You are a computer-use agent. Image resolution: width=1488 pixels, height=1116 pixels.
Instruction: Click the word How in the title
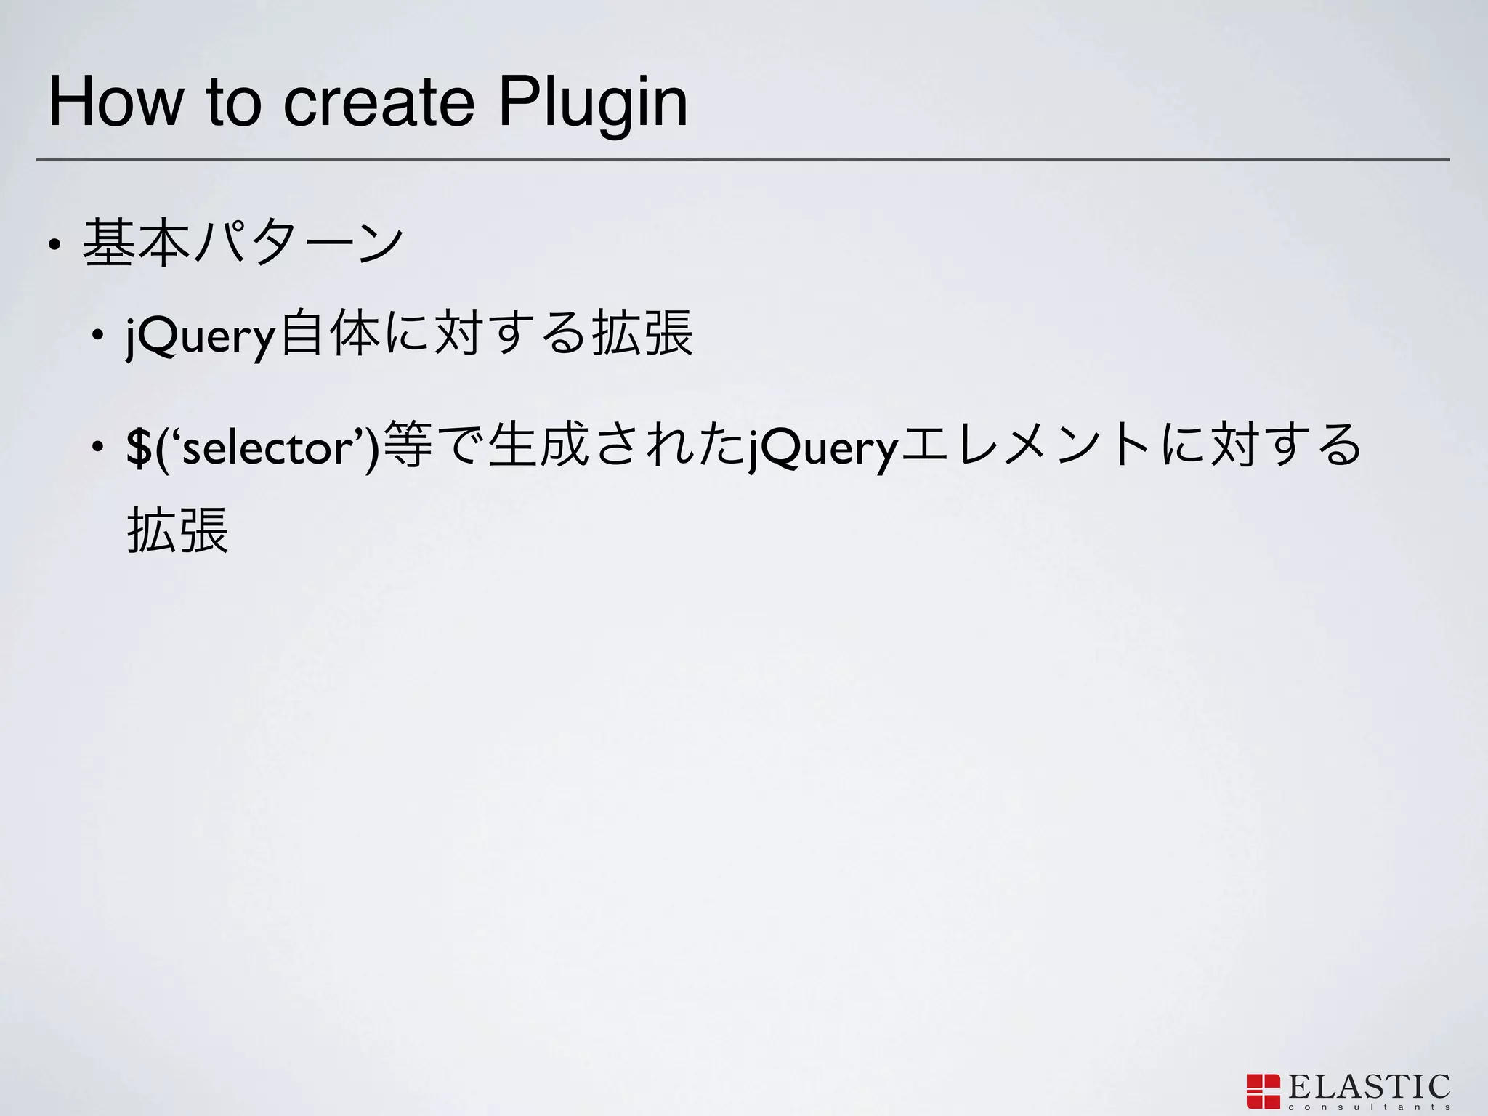click(115, 103)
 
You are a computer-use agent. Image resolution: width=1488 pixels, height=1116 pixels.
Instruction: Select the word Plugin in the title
click(593, 103)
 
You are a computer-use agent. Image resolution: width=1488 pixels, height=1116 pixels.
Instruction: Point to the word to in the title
click(233, 103)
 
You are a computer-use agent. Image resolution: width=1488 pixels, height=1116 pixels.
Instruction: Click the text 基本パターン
click(243, 243)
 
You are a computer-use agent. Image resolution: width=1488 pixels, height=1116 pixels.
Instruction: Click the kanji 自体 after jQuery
click(331, 334)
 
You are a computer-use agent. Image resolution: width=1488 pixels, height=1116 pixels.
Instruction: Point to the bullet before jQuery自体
click(97, 336)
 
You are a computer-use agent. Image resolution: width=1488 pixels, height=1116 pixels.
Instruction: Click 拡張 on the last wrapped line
click(178, 530)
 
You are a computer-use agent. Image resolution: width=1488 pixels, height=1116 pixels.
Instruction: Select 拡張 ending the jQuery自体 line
click(642, 334)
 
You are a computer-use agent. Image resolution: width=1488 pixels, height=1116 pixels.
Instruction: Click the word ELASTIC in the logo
click(1369, 1087)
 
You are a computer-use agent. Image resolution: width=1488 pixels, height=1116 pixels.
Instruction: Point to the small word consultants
click(1369, 1107)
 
